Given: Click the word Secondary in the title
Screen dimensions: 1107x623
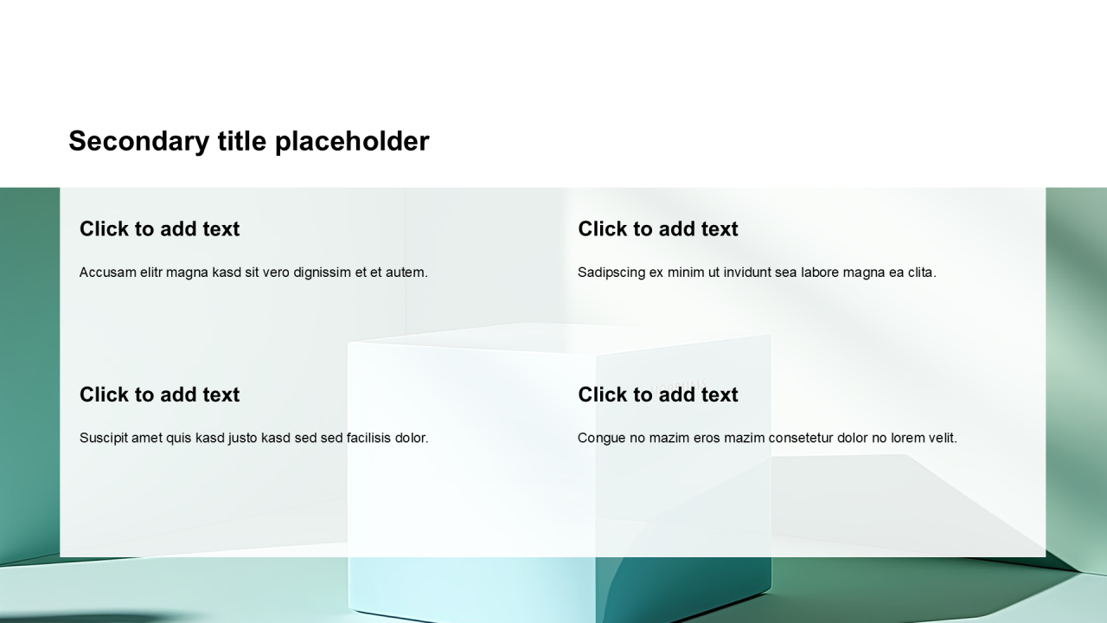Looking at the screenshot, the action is coord(139,142).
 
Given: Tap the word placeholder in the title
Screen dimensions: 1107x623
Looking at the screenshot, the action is coord(352,142).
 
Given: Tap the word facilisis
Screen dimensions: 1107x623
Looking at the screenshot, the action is coord(368,438).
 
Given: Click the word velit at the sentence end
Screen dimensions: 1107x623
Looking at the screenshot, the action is coord(942,438).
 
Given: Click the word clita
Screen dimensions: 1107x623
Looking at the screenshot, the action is coord(922,273).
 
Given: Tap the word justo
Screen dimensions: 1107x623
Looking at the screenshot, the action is coord(243,439).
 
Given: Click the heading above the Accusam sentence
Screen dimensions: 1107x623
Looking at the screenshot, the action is coord(160,229).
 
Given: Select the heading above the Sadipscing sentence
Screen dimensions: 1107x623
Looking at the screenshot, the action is coord(658,229).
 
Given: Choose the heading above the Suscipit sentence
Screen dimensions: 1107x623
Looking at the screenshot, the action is coord(160,395).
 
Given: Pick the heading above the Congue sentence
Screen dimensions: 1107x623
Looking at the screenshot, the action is coord(658,395).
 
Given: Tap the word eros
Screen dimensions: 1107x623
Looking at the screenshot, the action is coord(707,438).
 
